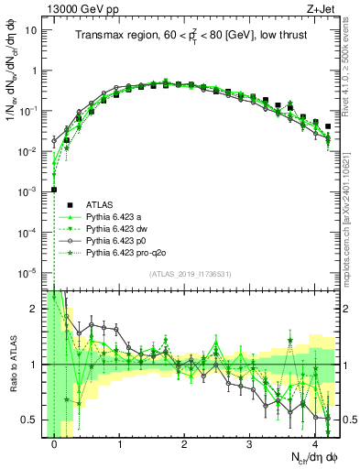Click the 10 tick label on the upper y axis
pos(30,30)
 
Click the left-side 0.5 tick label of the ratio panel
pos(30,420)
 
